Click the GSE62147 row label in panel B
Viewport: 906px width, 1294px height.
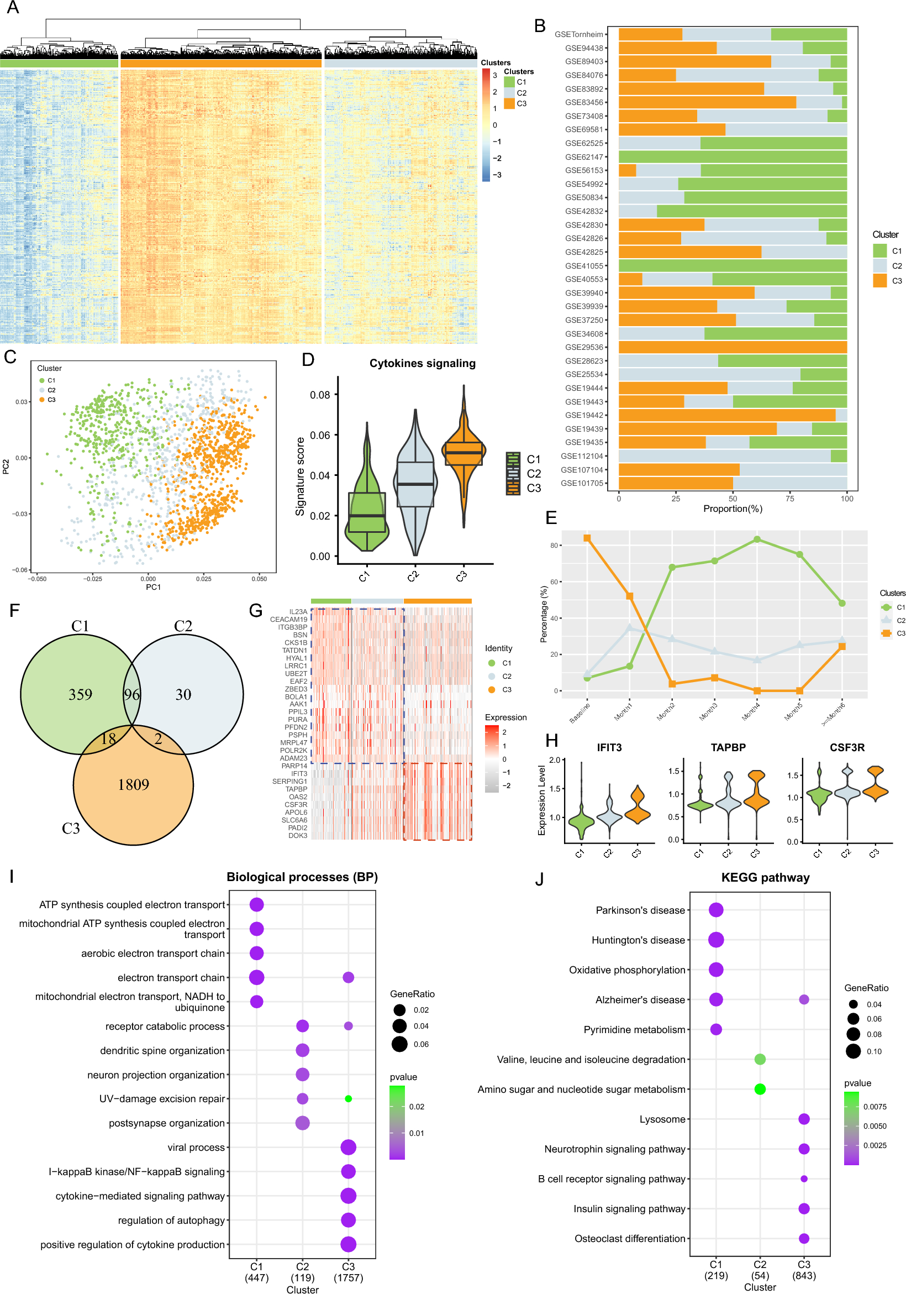[x=584, y=157]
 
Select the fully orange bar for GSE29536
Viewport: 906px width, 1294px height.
[x=733, y=347]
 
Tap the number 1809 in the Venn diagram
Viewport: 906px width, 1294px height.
[x=134, y=784]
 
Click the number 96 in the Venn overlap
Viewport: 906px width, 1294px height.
[x=132, y=694]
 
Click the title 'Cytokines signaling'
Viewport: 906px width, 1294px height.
[x=422, y=364]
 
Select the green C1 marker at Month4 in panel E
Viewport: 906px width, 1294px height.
[x=757, y=539]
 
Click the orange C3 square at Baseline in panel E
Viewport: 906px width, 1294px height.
[x=587, y=538]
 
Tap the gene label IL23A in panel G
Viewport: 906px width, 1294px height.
[x=298, y=611]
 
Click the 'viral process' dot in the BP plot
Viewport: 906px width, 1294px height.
[x=348, y=1147]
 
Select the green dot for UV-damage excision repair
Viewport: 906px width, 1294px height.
[x=348, y=1098]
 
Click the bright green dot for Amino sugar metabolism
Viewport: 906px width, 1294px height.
[x=760, y=1089]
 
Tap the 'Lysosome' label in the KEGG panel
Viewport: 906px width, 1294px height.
[x=662, y=1119]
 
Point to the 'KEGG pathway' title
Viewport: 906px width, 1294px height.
[x=765, y=878]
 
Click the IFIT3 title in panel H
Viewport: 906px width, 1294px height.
[x=609, y=747]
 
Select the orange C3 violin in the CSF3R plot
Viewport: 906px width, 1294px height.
[x=875, y=783]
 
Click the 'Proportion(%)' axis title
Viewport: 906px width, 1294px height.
[x=733, y=509]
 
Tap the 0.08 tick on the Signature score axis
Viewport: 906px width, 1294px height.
[x=320, y=395]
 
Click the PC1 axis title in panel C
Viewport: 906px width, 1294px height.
[x=153, y=586]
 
